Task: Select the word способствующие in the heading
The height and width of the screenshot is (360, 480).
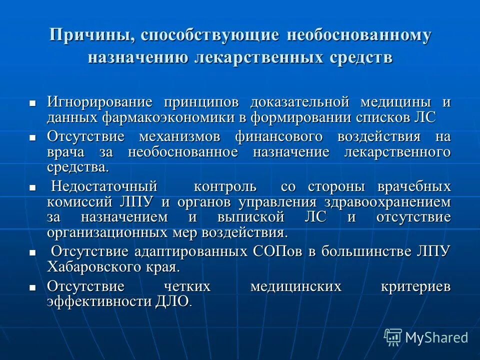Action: [209, 36]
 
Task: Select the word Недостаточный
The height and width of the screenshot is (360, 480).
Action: [104, 187]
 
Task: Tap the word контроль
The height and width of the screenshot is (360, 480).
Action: [225, 187]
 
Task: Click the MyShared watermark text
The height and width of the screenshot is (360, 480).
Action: [436, 337]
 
